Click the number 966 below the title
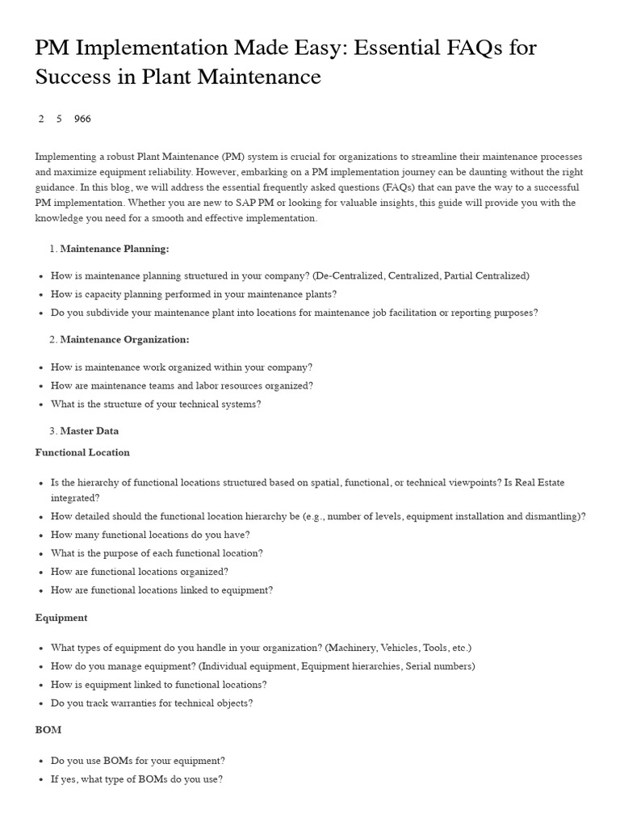click(82, 119)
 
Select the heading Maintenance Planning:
click(115, 249)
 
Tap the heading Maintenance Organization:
click(125, 340)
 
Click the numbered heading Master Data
click(90, 431)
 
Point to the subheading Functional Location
click(82, 452)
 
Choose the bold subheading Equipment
click(61, 618)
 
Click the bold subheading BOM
click(48, 730)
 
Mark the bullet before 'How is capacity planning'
click(40, 295)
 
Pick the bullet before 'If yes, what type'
click(40, 780)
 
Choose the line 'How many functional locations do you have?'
click(150, 535)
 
